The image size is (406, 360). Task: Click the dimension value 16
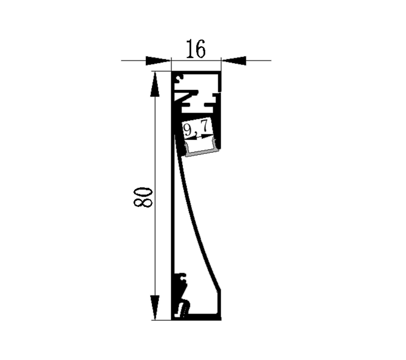(x=196, y=49)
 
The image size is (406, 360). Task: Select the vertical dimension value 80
(x=143, y=197)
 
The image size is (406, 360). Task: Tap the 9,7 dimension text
(x=196, y=127)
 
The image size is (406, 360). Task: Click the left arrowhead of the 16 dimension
(x=158, y=61)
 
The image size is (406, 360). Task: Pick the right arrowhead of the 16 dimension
(x=234, y=61)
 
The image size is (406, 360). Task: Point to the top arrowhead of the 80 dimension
(x=155, y=84)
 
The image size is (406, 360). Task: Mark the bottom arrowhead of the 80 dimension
(x=155, y=307)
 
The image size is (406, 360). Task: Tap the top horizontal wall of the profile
(x=196, y=73)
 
